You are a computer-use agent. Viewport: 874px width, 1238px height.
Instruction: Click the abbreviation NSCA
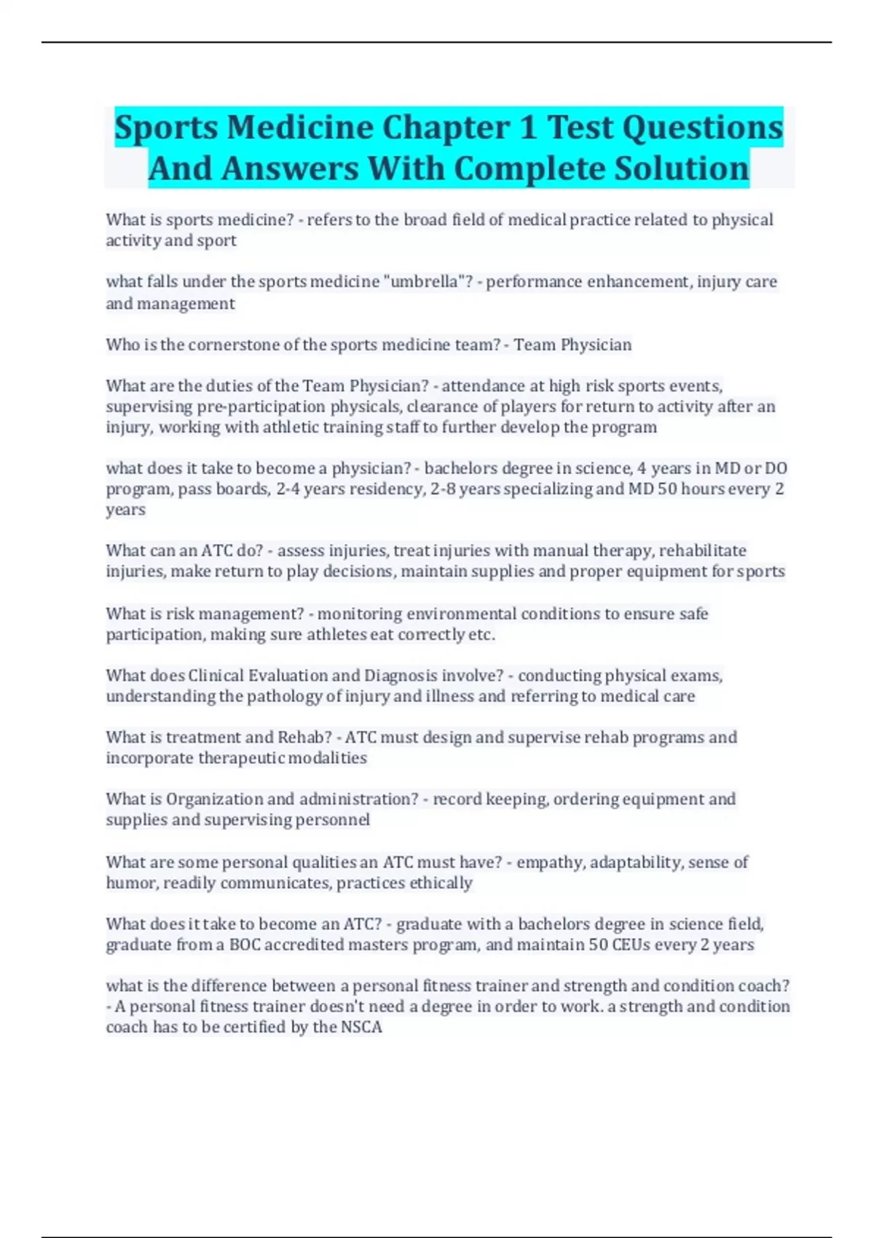(x=361, y=1027)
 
